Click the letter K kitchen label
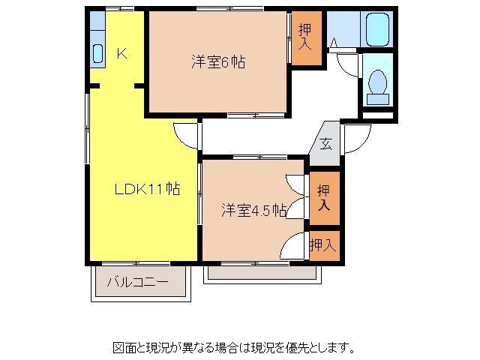(121, 53)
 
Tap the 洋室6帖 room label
(217, 62)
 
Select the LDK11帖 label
(146, 190)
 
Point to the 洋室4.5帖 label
(253, 211)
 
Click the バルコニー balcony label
(136, 283)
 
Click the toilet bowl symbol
(376, 85)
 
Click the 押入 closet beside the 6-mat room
(305, 37)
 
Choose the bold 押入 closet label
(323, 197)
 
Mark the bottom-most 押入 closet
(323, 244)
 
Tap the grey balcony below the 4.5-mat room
(262, 273)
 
